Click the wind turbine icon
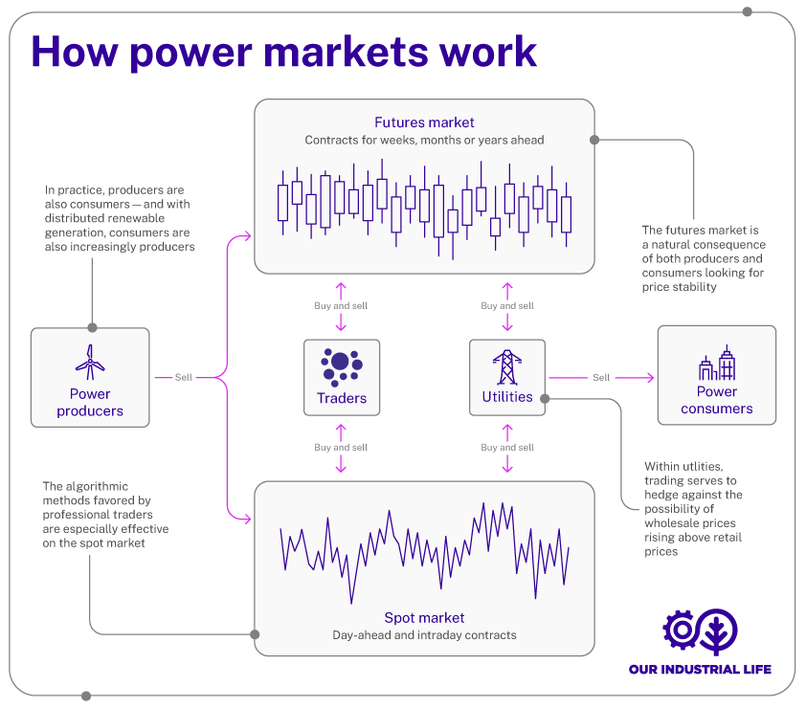90,363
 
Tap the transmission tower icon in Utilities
507,366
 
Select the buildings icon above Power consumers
716,364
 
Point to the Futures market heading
424,122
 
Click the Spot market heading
424,618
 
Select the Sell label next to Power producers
184,377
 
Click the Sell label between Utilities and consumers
601,377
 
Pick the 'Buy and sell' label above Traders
341,306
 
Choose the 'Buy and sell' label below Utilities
507,447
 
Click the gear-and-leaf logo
701,631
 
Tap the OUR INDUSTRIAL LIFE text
700,669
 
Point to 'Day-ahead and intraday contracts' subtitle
424,635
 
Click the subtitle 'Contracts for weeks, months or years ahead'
424,141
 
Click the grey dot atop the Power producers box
92,327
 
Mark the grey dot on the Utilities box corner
544,398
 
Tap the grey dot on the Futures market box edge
594,140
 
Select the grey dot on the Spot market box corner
255,633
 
